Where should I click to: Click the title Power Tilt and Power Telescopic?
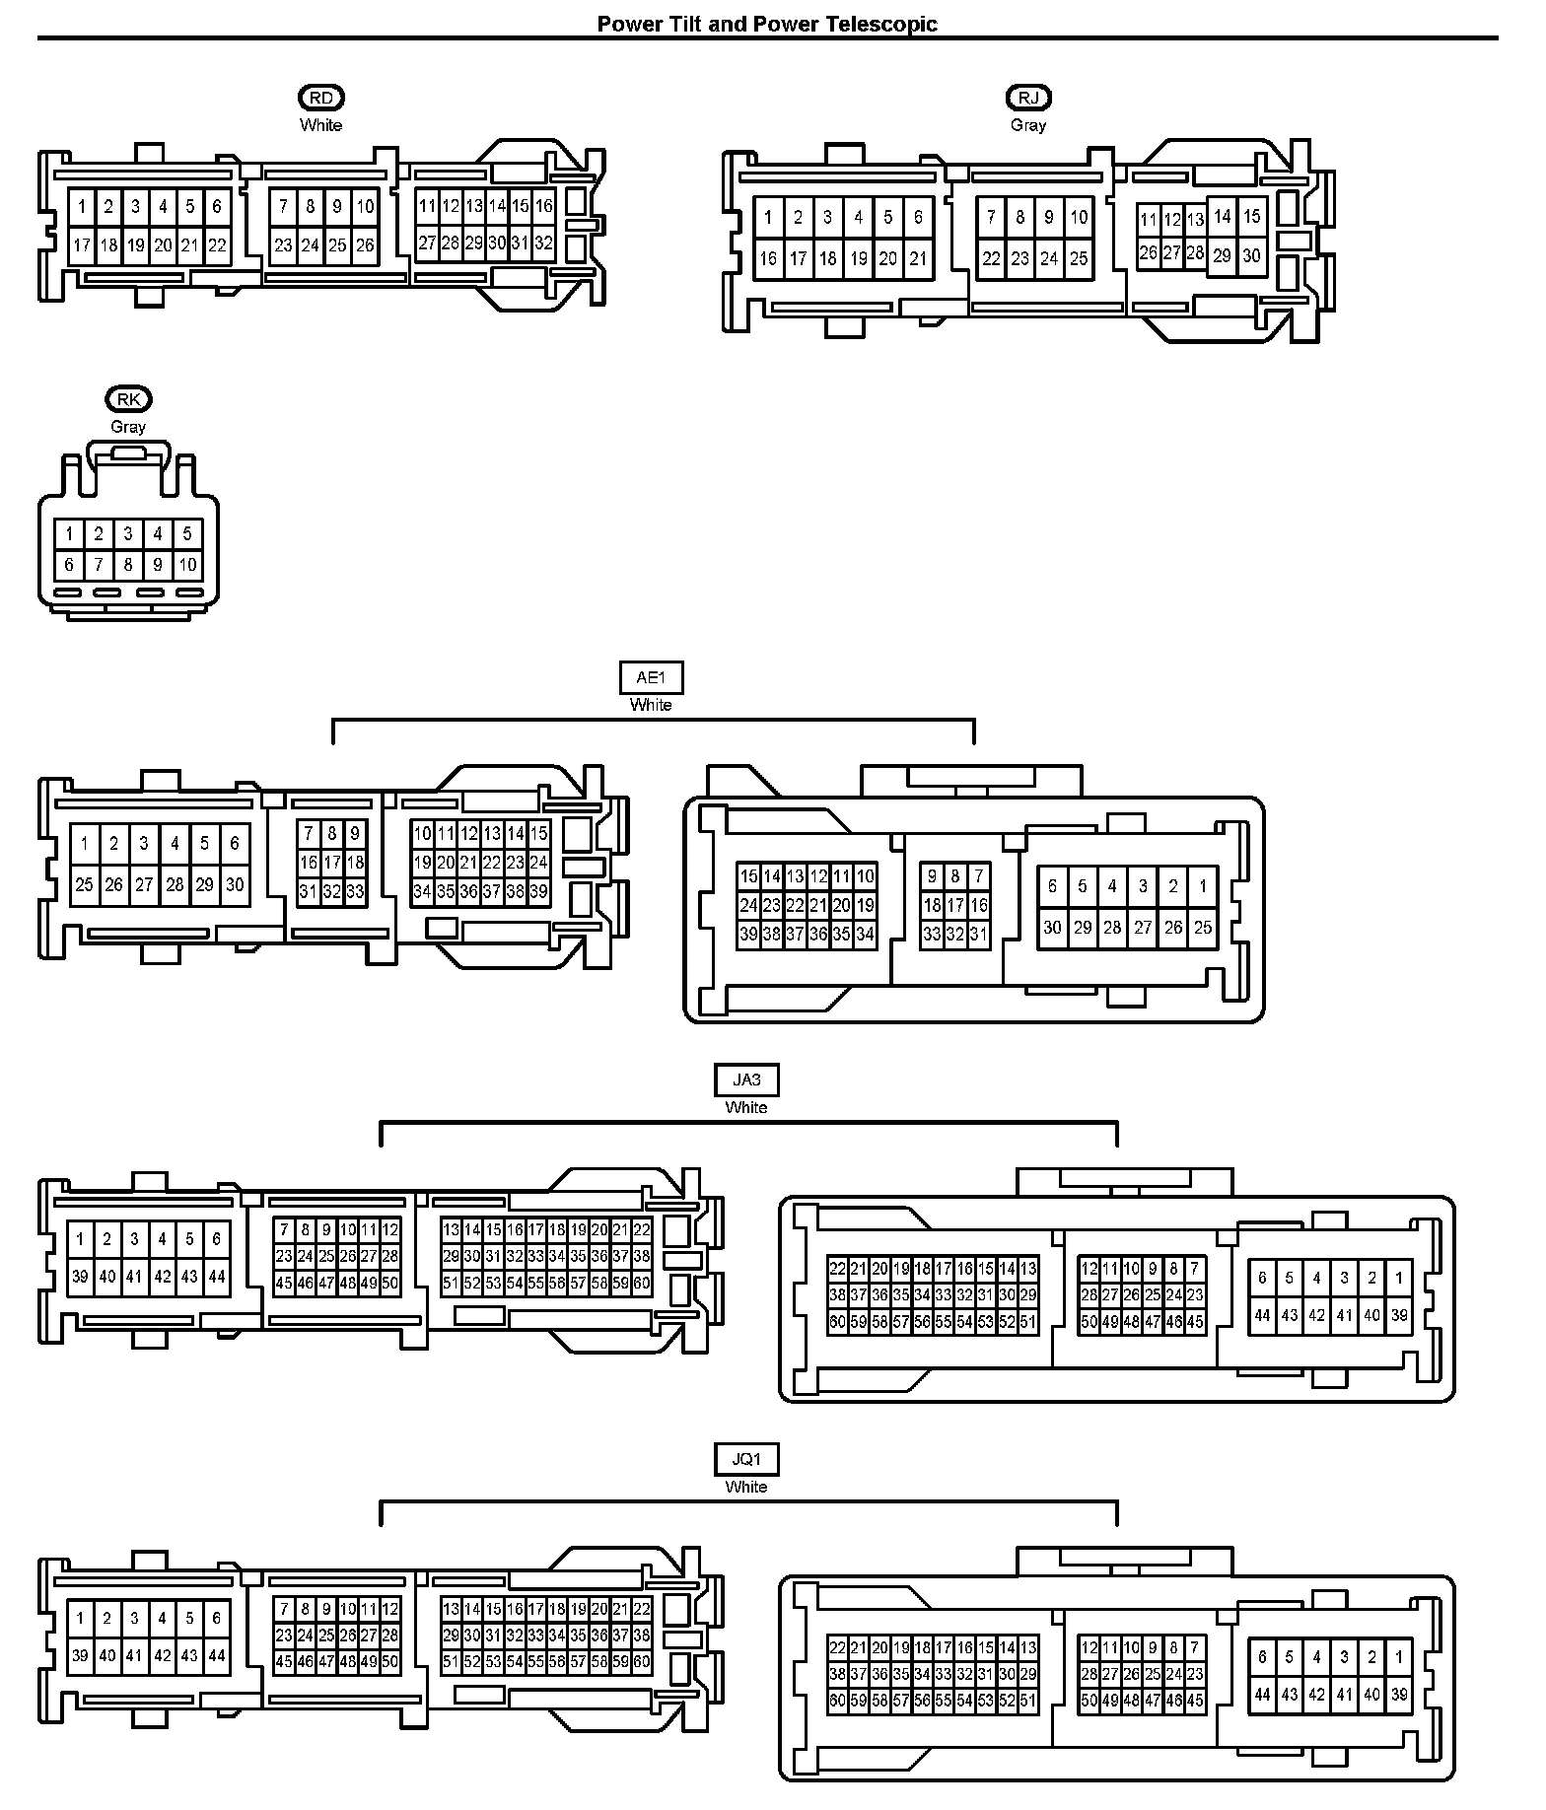tap(767, 24)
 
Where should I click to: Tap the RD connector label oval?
tap(321, 98)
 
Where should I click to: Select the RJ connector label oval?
tap(1028, 98)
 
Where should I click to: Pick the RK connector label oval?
tap(128, 399)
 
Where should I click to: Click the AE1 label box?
tap(651, 678)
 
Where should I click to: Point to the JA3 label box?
tap(746, 1080)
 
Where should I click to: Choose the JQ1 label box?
tap(746, 1460)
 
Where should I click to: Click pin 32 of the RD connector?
tap(544, 243)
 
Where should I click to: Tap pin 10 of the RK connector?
tap(187, 565)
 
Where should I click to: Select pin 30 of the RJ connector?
tap(1251, 255)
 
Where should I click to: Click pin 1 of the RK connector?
tap(69, 534)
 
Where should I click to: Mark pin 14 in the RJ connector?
tap(1223, 217)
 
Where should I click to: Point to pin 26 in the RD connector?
tap(365, 245)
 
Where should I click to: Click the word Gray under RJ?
tap(1028, 125)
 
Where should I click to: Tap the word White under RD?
tap(321, 125)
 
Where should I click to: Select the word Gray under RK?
tap(128, 427)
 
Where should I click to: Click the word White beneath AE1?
tap(651, 705)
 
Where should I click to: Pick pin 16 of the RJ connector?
tap(768, 258)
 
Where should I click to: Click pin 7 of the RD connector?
tap(284, 206)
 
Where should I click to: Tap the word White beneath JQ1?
tap(746, 1487)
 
